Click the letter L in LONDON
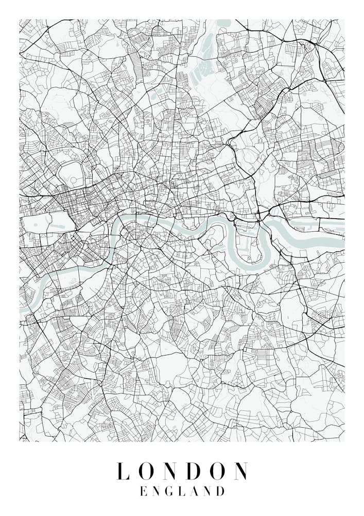[x=122, y=471]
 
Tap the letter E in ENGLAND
[x=144, y=491]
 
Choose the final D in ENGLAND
[x=220, y=491]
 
